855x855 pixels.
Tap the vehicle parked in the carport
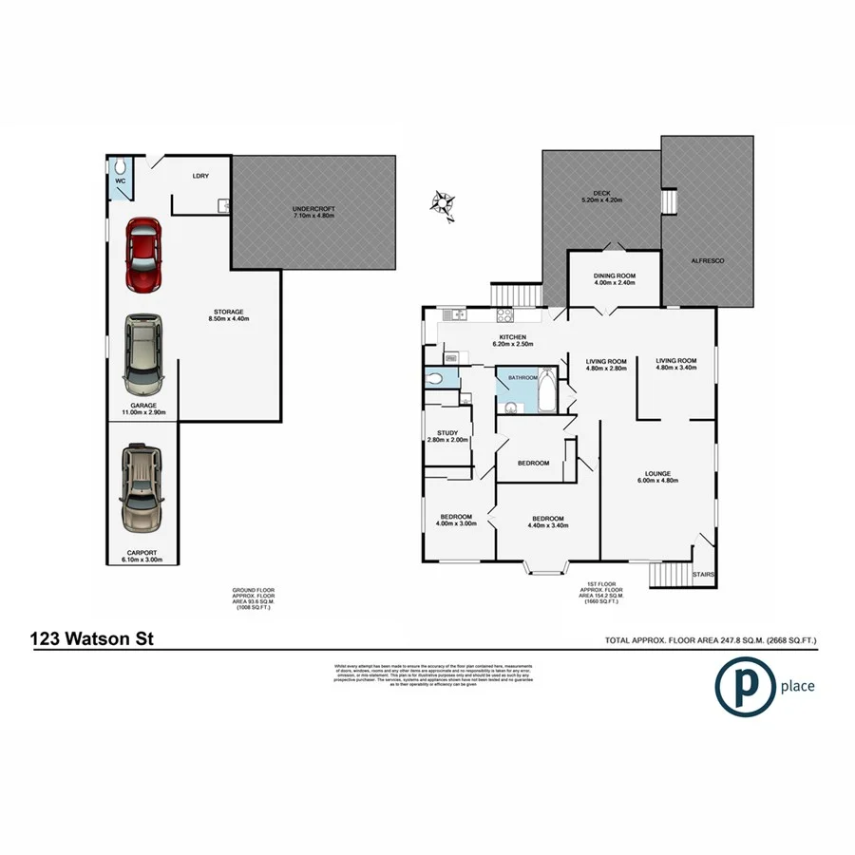pos(142,489)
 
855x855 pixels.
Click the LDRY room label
pos(199,176)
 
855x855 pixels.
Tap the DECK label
pos(601,196)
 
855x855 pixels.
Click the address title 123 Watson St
pos(85,639)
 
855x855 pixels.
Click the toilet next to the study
pos(435,378)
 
